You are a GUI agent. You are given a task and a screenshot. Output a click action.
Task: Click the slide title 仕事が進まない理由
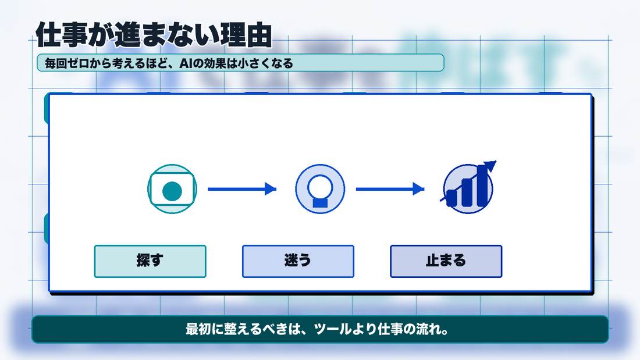pyautogui.click(x=154, y=35)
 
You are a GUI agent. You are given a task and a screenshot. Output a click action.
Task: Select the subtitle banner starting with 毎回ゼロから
pyautogui.click(x=240, y=63)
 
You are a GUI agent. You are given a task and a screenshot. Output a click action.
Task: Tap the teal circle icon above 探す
pyautogui.click(x=172, y=189)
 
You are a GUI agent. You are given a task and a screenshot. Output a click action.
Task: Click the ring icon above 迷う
pyautogui.click(x=320, y=189)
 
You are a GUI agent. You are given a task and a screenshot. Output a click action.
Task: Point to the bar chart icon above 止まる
pyautogui.click(x=468, y=187)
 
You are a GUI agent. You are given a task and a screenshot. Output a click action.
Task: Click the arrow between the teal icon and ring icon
pyautogui.click(x=242, y=189)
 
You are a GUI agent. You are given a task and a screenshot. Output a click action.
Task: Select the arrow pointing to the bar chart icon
pyautogui.click(x=390, y=189)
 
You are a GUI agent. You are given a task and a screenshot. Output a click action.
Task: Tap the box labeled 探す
pyautogui.click(x=150, y=261)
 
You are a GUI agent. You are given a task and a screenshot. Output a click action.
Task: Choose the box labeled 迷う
pyautogui.click(x=298, y=261)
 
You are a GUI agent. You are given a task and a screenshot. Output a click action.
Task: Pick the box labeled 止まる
pyautogui.click(x=446, y=261)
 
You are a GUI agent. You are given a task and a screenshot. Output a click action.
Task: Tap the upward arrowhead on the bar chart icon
pyautogui.click(x=490, y=165)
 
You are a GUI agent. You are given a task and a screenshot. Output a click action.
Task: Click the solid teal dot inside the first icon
pyautogui.click(x=172, y=191)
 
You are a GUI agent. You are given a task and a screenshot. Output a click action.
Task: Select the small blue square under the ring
pyautogui.click(x=320, y=202)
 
